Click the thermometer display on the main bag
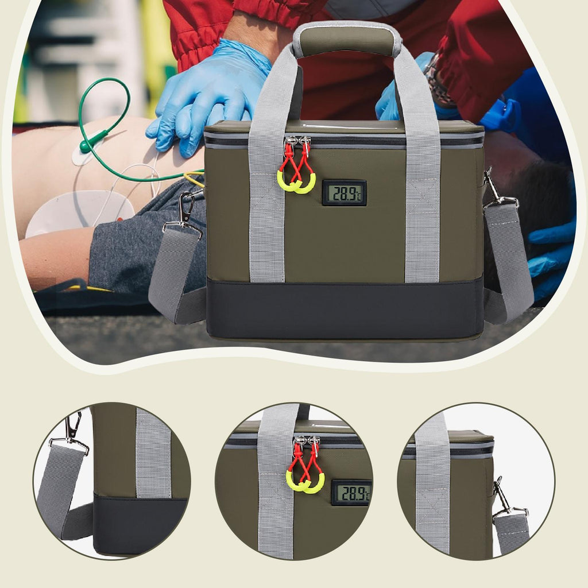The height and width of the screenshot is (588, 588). tap(345, 193)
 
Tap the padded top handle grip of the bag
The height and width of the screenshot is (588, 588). tap(347, 39)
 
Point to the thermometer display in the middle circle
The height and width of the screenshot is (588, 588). tap(352, 492)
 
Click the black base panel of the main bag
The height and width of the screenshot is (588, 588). tap(345, 309)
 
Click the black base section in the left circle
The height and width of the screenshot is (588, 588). tap(140, 525)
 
